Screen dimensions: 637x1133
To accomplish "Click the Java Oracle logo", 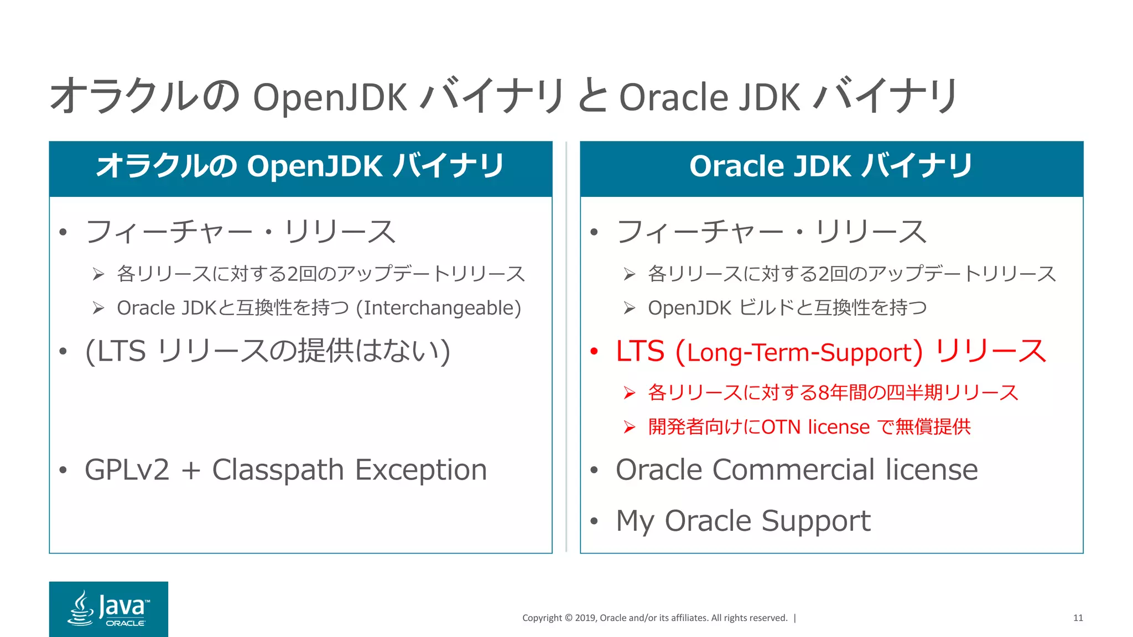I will coord(108,609).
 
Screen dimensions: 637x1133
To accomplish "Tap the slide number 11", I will coord(1078,618).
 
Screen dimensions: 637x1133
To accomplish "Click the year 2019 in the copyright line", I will coord(586,618).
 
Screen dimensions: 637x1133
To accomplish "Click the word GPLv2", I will coord(127,471).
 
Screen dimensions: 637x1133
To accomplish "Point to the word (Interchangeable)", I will coord(438,308).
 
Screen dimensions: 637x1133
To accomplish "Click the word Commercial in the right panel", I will coord(796,470).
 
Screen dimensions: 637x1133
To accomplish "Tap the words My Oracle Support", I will coord(743,521).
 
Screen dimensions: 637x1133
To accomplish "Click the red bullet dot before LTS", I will coord(594,351).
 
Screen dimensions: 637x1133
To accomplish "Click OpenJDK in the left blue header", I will coord(315,166).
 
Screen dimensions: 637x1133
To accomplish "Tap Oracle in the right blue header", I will coord(736,166).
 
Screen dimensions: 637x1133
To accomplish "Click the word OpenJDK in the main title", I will coord(330,98).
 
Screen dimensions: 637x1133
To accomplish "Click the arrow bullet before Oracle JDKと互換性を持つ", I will coord(98,308).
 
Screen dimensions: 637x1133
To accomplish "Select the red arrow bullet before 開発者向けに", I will coord(629,427).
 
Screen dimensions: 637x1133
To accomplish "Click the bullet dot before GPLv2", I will coord(63,471).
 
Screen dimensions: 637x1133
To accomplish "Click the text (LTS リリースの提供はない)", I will coord(268,351).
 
